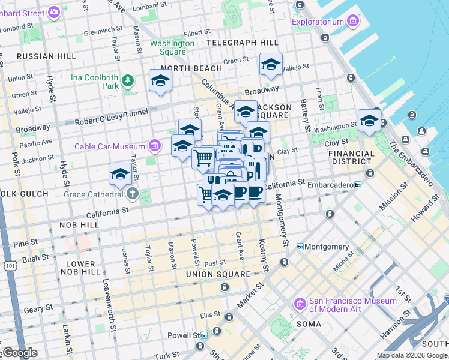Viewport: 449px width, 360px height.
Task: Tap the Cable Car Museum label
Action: click(x=110, y=146)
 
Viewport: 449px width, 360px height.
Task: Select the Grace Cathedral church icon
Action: click(x=132, y=194)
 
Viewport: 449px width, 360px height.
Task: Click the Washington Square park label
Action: click(x=172, y=47)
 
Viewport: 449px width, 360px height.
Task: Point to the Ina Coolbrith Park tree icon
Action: click(x=127, y=80)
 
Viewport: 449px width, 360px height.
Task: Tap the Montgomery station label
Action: click(x=327, y=247)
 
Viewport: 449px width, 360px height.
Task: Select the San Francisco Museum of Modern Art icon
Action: click(x=299, y=305)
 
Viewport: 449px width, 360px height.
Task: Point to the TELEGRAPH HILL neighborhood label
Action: click(x=242, y=43)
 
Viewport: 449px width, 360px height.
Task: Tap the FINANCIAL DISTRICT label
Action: click(x=351, y=157)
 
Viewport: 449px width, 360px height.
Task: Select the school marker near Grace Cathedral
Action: click(x=120, y=174)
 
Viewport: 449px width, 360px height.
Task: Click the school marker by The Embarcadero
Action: click(x=369, y=121)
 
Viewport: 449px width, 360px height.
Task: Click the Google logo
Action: click(x=20, y=353)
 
